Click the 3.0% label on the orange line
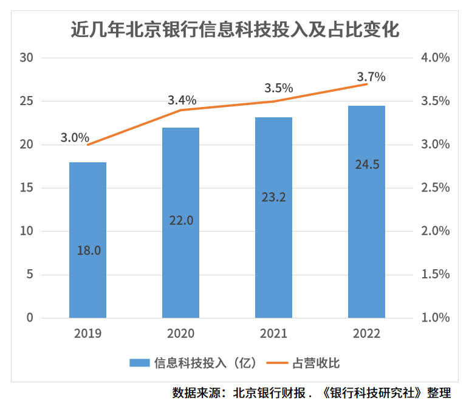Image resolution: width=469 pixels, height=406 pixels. point(75,137)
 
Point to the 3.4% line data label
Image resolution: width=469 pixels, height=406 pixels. point(182,100)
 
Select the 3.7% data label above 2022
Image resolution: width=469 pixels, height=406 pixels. point(371,77)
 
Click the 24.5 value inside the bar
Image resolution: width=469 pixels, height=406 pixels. point(366,164)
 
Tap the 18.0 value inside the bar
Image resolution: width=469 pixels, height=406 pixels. point(88,250)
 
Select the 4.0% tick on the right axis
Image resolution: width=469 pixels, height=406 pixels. point(434,58)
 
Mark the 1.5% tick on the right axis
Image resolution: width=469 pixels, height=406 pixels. point(434,274)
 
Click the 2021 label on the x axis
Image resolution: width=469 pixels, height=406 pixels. point(273,333)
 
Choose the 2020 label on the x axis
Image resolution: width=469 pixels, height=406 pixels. point(180,333)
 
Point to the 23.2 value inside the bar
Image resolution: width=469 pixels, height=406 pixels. point(273,196)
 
